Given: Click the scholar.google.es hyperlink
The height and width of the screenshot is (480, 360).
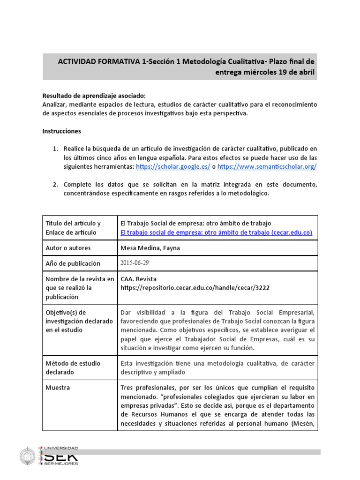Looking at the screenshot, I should pos(173,166).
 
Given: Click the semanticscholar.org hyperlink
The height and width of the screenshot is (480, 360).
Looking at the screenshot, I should pos(267,166).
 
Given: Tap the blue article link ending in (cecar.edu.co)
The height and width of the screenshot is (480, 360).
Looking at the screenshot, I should pos(216,232).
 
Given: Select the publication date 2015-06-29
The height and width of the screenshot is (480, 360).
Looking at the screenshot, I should pos(135,263).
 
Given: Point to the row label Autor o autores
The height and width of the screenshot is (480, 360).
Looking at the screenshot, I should pos(68,247).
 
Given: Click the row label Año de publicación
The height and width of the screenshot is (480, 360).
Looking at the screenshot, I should pos(73,263).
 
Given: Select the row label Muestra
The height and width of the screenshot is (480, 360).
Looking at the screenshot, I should pos(58,388).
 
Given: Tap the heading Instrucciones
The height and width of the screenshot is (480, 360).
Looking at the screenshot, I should pos(61,131).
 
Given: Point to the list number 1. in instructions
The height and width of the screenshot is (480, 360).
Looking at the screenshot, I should pos(55,149).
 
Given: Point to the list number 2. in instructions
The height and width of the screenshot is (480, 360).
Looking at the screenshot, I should pos(55,184).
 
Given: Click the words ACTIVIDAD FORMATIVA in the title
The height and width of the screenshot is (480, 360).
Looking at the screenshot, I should pos(99,61).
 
